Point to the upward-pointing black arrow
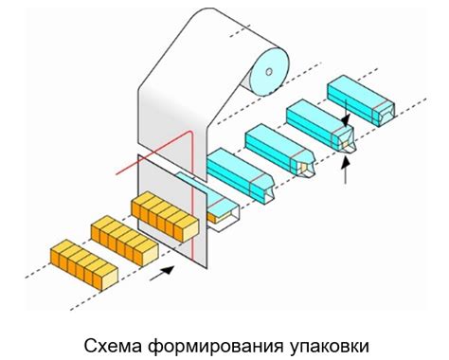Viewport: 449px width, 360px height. (345, 171)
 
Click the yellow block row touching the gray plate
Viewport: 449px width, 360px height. (165, 217)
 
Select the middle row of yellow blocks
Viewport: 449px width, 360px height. (123, 242)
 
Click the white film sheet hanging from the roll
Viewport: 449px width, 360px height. (180, 104)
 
